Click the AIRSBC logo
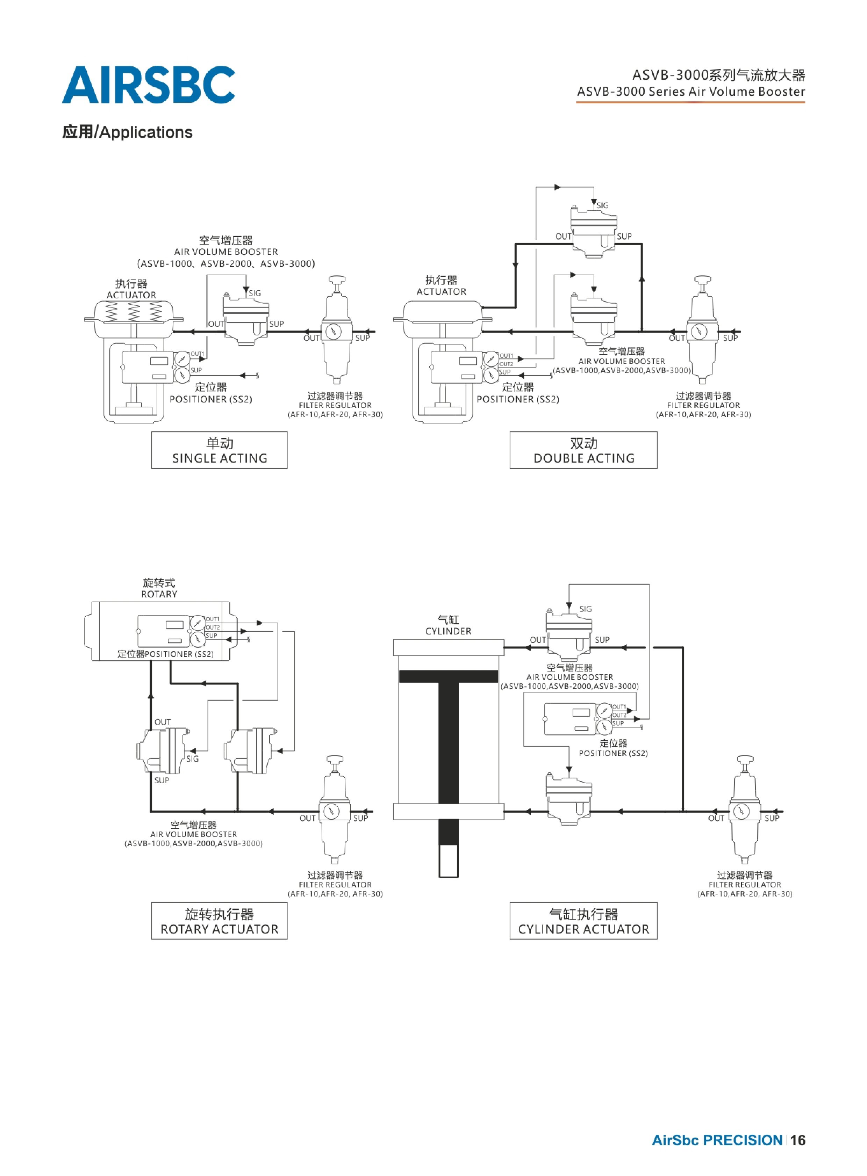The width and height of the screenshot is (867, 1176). pos(149,85)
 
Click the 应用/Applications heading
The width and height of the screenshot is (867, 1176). pos(128,132)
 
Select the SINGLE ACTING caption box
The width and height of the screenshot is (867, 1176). pos(220,450)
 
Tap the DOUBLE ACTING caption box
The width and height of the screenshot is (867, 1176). pos(583,450)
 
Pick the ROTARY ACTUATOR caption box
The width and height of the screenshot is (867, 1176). pos(220,921)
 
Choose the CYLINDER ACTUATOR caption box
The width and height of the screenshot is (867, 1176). pos(583,921)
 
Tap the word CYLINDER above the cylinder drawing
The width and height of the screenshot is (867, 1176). pos(448,631)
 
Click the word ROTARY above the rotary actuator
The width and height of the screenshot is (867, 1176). pos(159,594)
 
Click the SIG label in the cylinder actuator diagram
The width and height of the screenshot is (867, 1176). pos(586,609)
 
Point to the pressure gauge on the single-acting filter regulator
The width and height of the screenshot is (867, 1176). pos(333,332)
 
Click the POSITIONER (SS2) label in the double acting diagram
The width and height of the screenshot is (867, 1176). pos(518,399)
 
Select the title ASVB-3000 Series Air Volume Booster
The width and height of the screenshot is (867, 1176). pos(691,91)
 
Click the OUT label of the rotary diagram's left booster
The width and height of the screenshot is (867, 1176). pos(163,722)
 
